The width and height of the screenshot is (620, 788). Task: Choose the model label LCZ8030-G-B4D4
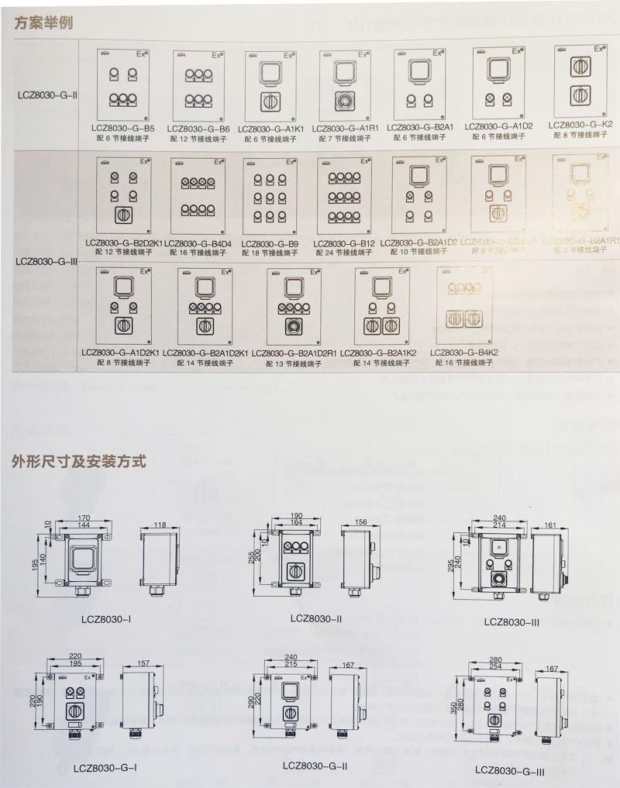pyautogui.click(x=198, y=244)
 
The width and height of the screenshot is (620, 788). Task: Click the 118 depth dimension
pyautogui.click(x=160, y=526)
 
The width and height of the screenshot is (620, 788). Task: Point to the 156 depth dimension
pyautogui.click(x=361, y=522)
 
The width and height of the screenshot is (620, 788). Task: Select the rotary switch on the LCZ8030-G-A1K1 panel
pyautogui.click(x=270, y=102)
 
